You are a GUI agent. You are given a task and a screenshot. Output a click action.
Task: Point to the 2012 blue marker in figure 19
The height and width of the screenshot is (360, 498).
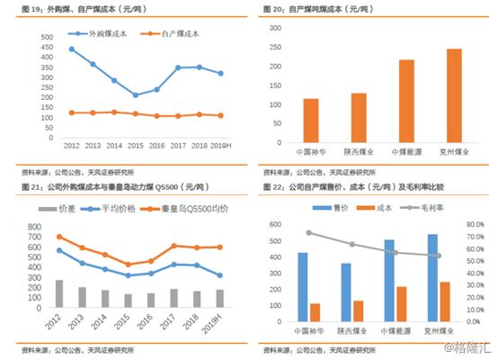[x=72, y=49]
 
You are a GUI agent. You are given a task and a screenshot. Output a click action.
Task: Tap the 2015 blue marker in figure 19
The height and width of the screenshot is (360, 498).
[x=136, y=94]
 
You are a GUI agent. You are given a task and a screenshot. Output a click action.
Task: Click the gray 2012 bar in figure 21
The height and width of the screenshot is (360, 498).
[x=59, y=293]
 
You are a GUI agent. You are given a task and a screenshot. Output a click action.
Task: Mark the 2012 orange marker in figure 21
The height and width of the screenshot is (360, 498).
[x=59, y=237]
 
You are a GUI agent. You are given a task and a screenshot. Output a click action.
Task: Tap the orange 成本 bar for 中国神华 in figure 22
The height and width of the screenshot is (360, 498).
[x=316, y=311]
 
